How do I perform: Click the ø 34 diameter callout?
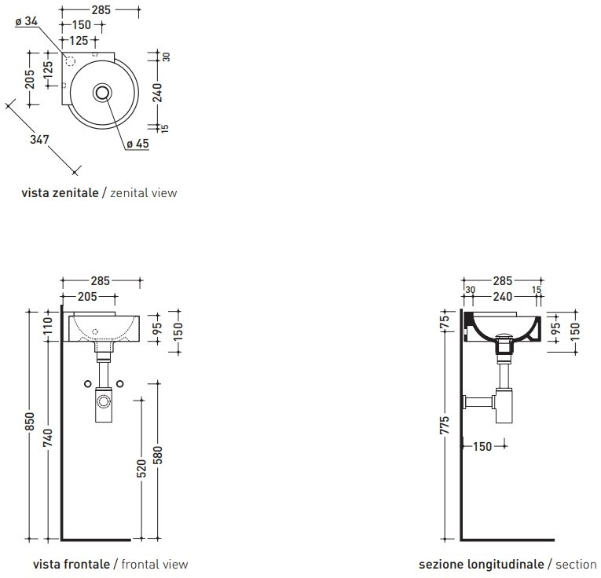pos(27,22)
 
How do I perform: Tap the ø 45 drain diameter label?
pos(137,144)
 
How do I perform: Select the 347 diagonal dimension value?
pos(39,140)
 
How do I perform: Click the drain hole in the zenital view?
pos(102,93)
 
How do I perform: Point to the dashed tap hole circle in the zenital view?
pos(70,61)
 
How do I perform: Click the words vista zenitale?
pos(60,192)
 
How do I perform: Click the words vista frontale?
pos(71,564)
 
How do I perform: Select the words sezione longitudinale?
pos(481,564)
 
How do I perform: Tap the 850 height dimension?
pos(29,422)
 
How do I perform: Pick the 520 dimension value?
pos(141,468)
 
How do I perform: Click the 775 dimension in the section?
pos(445,426)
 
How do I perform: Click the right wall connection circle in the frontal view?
pos(120,383)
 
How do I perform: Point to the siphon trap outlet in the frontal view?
pos(103,403)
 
